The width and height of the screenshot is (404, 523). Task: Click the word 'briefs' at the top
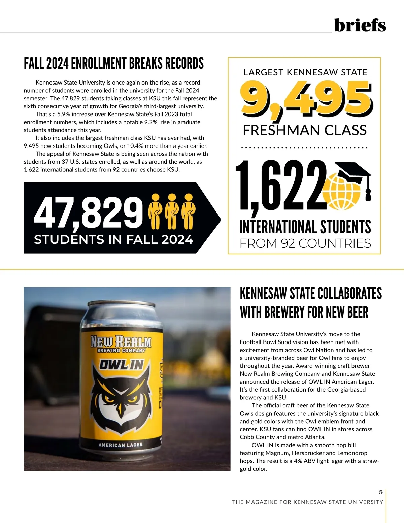click(360, 25)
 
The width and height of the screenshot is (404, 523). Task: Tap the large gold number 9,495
click(306, 99)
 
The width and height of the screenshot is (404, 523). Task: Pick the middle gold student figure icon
click(172, 211)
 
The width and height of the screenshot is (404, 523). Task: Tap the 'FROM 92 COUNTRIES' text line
click(305, 243)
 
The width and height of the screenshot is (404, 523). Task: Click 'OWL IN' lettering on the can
click(121, 365)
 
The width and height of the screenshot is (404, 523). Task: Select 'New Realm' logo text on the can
click(121, 342)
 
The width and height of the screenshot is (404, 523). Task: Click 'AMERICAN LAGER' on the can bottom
click(121, 445)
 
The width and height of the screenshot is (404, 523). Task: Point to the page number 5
click(381, 492)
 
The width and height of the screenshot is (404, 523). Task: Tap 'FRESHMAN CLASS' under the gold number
click(305, 130)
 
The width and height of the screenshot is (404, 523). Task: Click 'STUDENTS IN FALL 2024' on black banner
click(113, 239)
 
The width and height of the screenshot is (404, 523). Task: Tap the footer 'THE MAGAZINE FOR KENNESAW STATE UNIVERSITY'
click(307, 502)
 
